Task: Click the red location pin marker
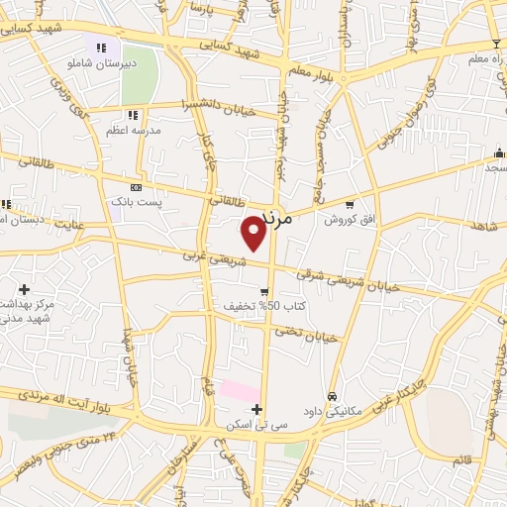click(x=254, y=232)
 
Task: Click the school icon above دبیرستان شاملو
click(x=101, y=47)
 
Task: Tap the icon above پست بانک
click(x=136, y=187)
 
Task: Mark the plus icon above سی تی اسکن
click(x=256, y=409)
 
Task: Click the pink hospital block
click(x=239, y=390)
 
